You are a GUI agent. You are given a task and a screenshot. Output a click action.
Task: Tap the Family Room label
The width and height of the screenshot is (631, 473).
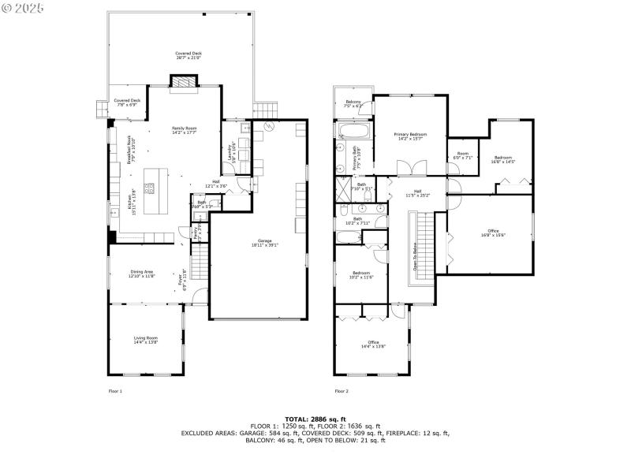pos(185,130)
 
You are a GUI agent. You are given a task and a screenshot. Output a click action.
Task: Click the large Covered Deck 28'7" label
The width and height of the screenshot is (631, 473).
pos(189,55)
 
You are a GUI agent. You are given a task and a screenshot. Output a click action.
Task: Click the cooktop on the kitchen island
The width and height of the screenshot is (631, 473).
pos(148,188)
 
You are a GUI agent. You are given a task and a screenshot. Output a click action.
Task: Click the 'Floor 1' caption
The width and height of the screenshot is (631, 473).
pos(115,391)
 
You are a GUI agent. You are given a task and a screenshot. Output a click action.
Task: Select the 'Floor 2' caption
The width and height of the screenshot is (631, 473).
pos(342,391)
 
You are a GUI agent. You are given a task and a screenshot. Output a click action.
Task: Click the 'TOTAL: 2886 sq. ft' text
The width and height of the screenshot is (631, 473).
pos(315,419)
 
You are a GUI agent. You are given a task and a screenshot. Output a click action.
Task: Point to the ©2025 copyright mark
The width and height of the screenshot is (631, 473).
pos(24,7)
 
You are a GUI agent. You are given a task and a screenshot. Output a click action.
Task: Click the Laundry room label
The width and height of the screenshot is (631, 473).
pos(230,147)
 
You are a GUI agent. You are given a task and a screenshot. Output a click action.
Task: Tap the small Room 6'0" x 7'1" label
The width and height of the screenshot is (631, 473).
pos(463,155)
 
